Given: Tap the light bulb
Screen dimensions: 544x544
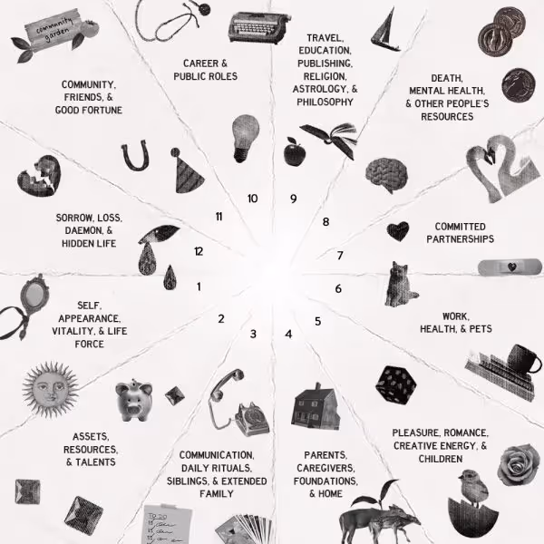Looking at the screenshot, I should click(x=245, y=136).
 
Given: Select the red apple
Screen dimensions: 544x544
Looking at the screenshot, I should click(x=294, y=152).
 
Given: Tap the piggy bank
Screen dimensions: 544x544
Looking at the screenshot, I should click(x=133, y=399).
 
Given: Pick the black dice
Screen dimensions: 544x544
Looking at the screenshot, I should click(x=395, y=386).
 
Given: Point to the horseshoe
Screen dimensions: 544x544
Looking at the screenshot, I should click(x=136, y=156).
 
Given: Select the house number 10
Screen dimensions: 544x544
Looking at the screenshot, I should click(x=252, y=199).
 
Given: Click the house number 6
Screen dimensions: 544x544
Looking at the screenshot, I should click(x=338, y=289).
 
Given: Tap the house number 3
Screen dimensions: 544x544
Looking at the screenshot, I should click(x=254, y=335).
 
